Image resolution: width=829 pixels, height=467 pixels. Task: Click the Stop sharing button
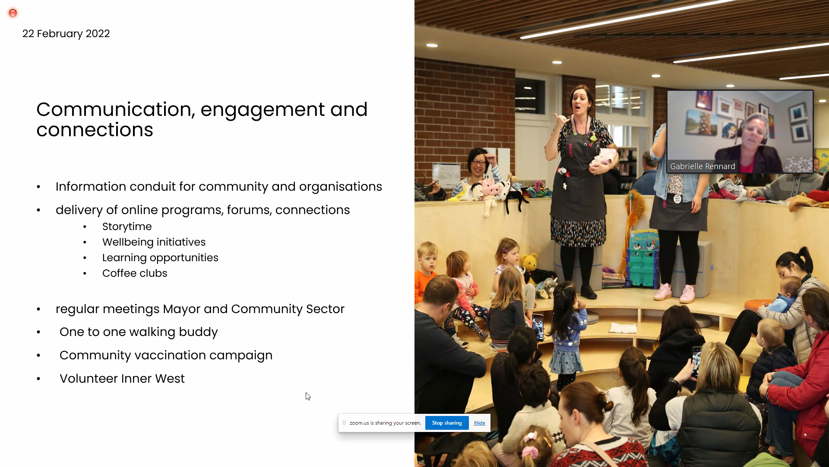(447, 423)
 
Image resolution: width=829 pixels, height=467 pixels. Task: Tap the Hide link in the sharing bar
(479, 423)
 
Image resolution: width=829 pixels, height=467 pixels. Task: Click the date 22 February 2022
(66, 34)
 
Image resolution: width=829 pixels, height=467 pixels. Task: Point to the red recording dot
(13, 13)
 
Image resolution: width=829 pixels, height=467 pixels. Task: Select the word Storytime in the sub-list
(127, 227)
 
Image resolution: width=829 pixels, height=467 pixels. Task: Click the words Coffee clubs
(135, 273)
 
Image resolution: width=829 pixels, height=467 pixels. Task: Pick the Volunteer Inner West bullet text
(122, 378)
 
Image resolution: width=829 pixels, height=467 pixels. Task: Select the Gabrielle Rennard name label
(702, 166)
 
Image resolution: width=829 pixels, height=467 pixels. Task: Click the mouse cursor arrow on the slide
(308, 397)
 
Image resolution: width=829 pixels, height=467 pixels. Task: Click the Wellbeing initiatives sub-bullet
(154, 242)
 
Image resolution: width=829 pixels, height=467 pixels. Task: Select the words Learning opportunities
(160, 258)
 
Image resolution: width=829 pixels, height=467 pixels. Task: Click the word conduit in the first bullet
(153, 186)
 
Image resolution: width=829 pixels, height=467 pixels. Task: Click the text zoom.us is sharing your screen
(385, 423)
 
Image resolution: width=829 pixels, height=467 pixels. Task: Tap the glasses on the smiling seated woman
(478, 163)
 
